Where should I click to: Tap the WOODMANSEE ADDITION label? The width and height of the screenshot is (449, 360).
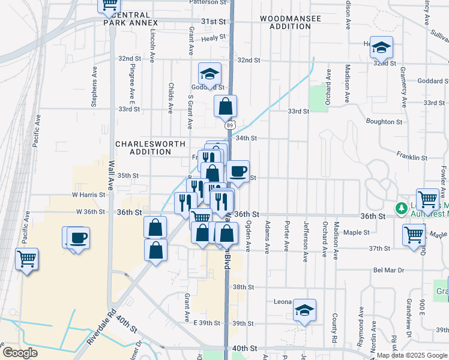291,22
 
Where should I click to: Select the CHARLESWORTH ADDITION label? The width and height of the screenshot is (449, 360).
143,148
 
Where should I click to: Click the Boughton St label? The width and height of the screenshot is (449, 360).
382,122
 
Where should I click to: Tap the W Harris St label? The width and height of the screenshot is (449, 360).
88,194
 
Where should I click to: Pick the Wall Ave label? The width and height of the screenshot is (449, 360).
111,175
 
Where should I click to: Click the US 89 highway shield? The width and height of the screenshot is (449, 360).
230,125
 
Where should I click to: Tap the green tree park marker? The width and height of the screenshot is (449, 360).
400,208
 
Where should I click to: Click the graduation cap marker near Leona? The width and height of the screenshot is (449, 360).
305,311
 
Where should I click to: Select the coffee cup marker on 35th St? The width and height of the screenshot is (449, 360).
238,172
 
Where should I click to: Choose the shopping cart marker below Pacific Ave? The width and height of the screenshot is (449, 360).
26,259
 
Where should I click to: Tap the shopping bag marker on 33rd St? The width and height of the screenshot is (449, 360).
226,106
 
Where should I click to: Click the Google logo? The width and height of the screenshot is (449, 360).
20,353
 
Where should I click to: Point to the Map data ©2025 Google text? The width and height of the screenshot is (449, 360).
412,355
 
